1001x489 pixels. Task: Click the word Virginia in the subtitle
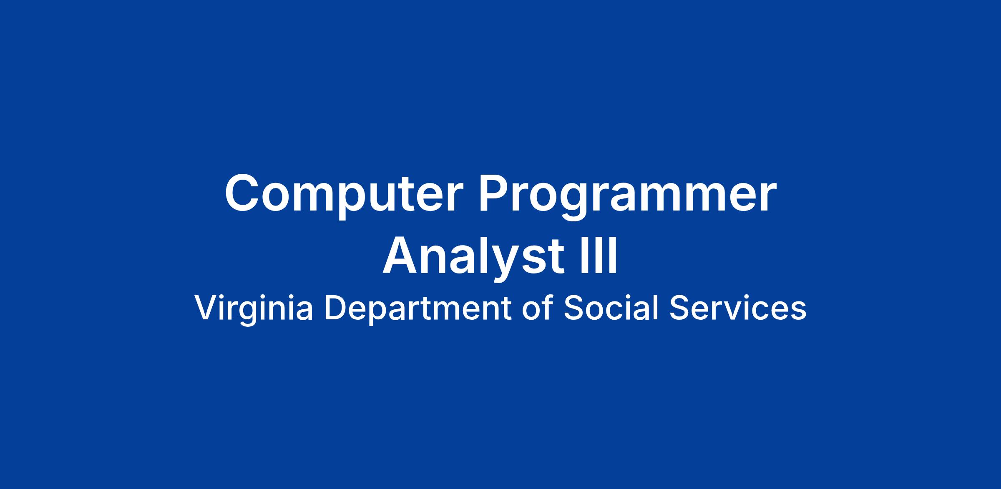click(253, 308)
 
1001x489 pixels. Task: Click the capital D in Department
click(336, 308)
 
